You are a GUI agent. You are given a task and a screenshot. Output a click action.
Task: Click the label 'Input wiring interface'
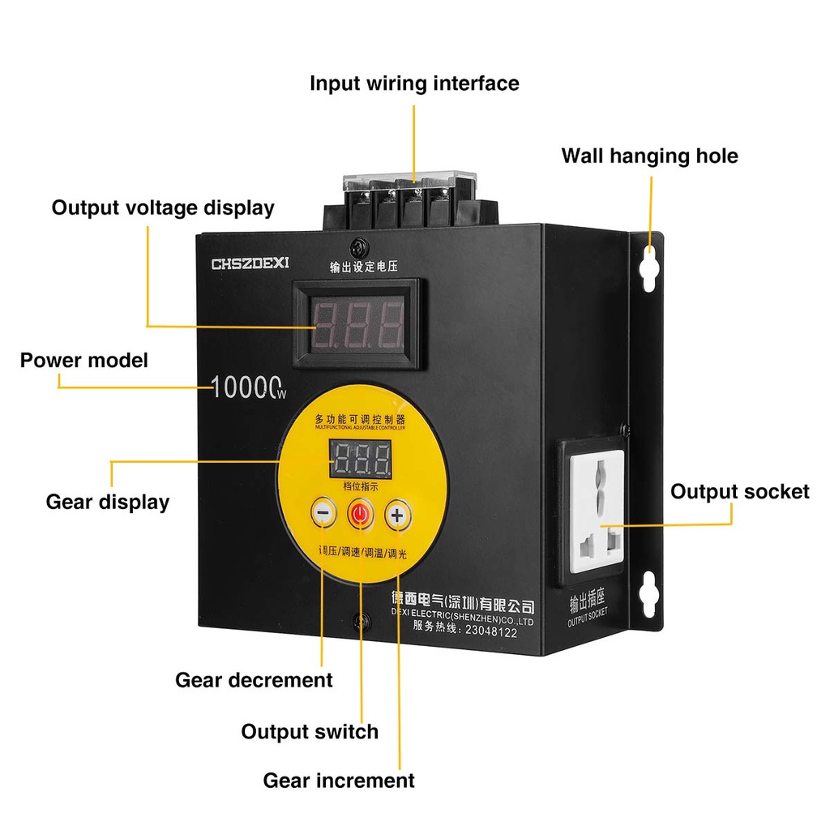pos(414,83)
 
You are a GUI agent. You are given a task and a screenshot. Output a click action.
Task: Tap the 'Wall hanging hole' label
pos(649,156)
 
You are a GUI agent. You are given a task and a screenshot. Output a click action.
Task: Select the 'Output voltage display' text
pos(163,207)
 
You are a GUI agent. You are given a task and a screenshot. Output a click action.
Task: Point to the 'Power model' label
pos(84,360)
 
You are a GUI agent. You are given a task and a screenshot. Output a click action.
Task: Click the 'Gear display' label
pos(108,502)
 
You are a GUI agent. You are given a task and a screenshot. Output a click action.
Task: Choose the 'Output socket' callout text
pos(739,491)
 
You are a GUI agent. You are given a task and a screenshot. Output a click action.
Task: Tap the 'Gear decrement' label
pos(254,679)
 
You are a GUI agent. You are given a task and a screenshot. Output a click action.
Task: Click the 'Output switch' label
pos(310,731)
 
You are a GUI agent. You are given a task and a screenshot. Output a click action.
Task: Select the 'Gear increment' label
pos(339,781)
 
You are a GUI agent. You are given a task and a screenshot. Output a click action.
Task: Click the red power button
pos(360,514)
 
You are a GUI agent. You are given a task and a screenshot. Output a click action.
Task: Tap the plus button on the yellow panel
pos(397,515)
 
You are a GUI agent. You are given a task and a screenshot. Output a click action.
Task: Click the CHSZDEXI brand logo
pos(255,263)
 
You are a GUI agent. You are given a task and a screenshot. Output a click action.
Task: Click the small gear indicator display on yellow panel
pos(360,460)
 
